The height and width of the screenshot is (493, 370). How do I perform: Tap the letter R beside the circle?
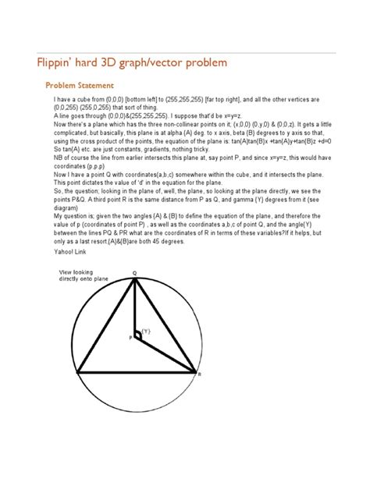tap(200, 375)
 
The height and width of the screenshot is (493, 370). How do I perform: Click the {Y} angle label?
tap(145, 331)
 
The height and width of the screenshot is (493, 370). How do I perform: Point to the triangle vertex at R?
tap(194, 374)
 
